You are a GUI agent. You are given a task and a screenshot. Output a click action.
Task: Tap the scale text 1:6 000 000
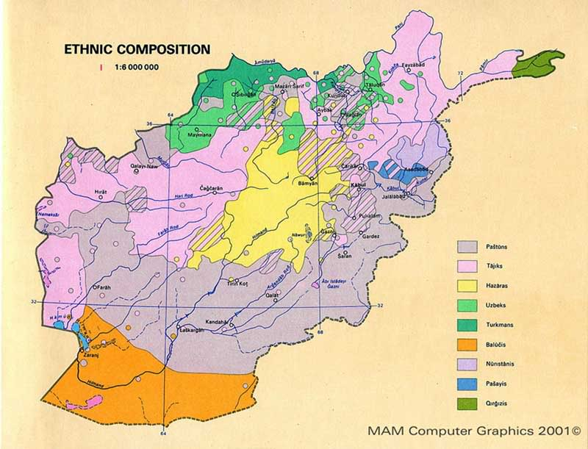(x=137, y=68)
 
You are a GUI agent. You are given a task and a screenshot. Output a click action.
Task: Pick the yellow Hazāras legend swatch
(x=469, y=284)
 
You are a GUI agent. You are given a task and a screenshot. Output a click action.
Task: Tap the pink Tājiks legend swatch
(x=469, y=265)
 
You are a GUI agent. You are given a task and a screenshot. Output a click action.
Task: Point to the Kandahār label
(x=218, y=323)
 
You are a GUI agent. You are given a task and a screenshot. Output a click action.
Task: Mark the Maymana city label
(x=199, y=135)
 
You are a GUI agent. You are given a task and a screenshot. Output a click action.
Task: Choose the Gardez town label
(x=369, y=236)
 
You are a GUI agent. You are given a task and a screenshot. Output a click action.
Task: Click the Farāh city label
(x=102, y=287)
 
